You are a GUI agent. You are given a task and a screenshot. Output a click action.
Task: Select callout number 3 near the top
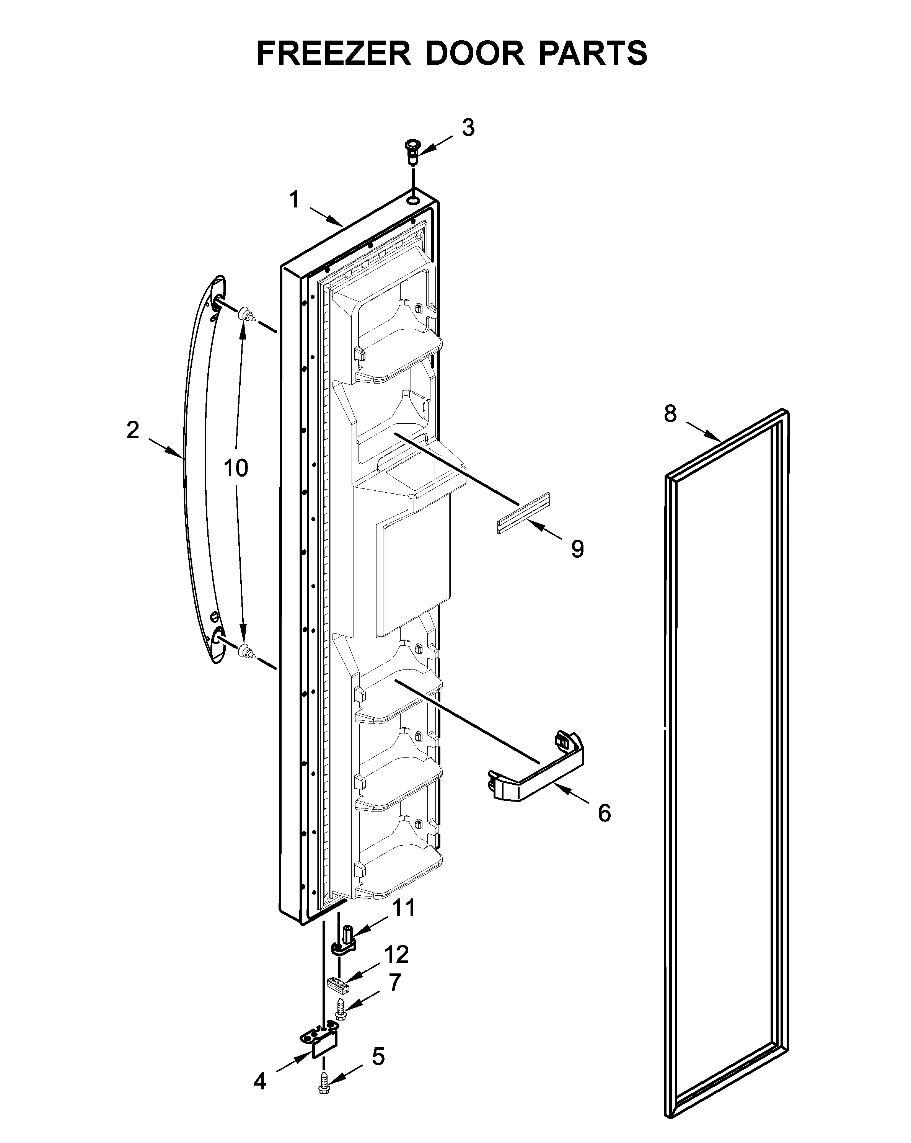[x=468, y=128]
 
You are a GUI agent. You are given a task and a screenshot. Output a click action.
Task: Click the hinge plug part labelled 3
[x=411, y=152]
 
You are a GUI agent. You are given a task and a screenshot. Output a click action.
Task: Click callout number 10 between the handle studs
[x=235, y=468]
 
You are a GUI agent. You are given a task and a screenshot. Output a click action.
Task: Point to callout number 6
[x=604, y=813]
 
